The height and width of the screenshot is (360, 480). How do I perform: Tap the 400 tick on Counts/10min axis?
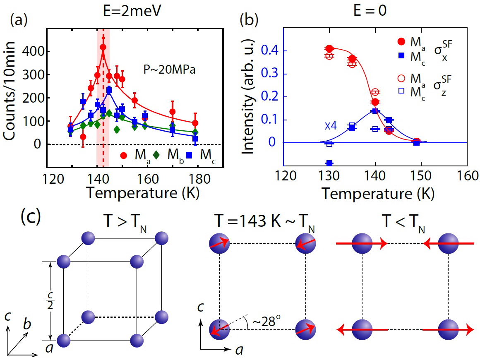coord(39,52)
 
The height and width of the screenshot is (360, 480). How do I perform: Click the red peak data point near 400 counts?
coord(103,47)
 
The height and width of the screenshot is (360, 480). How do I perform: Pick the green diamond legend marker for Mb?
coord(156,156)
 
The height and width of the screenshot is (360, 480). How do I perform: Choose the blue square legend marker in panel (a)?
coord(190,156)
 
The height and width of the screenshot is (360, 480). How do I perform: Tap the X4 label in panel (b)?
coord(330,125)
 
